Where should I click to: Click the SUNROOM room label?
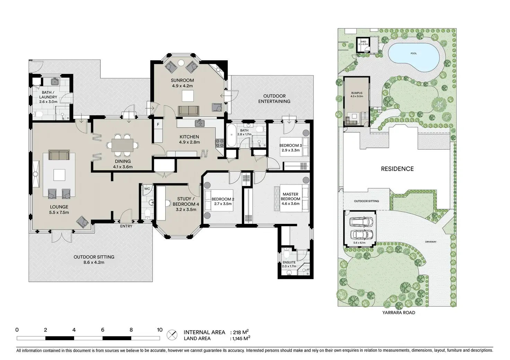pos(182,80)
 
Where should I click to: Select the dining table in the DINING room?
pos(122,145)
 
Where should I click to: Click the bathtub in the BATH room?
pos(231,135)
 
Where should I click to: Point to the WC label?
pos(147,189)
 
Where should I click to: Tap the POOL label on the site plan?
pos(414,53)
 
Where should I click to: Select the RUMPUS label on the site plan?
pos(357,93)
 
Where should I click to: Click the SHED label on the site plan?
pos(363,42)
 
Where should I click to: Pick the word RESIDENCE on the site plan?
pos(397,169)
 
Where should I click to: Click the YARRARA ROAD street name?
pos(399,313)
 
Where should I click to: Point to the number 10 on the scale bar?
pos(160,330)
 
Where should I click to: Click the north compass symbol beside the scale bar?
pos(172,335)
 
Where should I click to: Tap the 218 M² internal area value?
pos(241,332)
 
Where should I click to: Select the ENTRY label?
pos(126,226)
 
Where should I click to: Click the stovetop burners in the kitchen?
pos(220,143)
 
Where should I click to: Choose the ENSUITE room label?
pos(289,262)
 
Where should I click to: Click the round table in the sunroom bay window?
pos(181,63)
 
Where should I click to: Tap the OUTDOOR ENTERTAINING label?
pos(274,99)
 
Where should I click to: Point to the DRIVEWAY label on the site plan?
pos(431,242)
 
